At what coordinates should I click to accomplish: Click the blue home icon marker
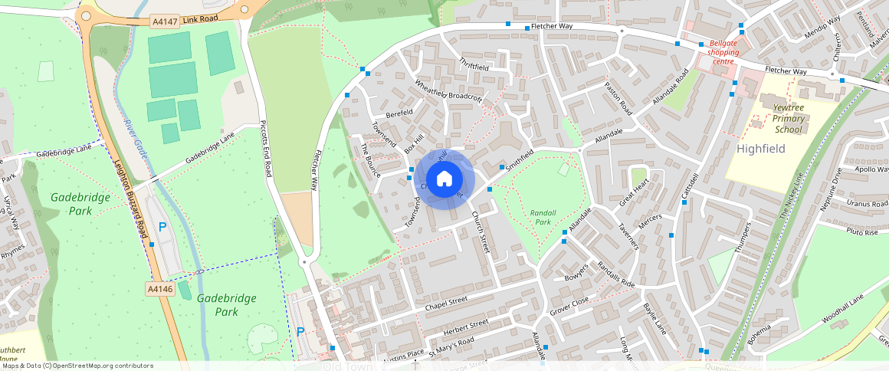click(x=444, y=179)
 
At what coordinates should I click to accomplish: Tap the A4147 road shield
click(x=164, y=22)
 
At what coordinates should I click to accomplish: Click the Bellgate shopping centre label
click(x=723, y=52)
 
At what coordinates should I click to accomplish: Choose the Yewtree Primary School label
click(x=788, y=119)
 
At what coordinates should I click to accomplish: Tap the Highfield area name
click(x=761, y=148)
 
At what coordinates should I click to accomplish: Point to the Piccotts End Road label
click(x=266, y=148)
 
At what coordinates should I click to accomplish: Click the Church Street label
click(x=481, y=231)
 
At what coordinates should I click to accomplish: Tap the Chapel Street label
click(x=445, y=304)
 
